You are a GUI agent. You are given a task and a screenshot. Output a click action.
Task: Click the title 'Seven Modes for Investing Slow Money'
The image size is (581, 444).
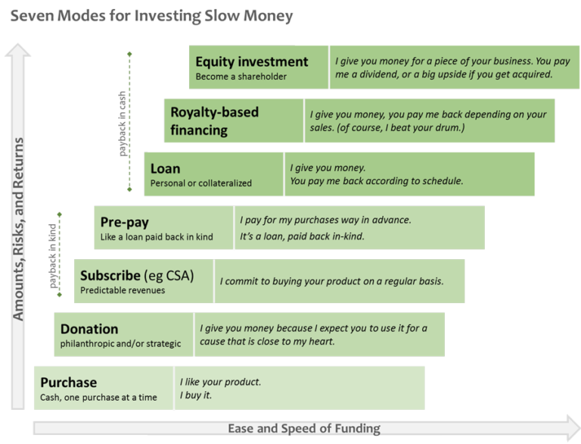coord(151,15)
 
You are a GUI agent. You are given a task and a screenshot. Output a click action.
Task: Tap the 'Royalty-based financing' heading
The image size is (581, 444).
coord(214,121)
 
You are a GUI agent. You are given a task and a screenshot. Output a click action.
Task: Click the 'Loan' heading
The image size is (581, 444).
coord(165,169)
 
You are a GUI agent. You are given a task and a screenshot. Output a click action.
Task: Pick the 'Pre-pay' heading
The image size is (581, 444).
coord(124,222)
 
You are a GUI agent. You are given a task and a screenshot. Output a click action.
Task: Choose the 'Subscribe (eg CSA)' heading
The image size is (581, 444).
coord(137,276)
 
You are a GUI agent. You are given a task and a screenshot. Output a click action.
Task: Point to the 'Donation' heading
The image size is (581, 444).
coord(89,329)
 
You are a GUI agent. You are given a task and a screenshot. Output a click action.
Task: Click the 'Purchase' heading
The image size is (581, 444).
coord(69,383)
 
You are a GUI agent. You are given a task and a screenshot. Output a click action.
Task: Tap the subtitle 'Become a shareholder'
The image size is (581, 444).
coord(241,77)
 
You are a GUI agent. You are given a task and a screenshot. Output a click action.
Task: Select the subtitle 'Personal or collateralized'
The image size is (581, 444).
coord(200,183)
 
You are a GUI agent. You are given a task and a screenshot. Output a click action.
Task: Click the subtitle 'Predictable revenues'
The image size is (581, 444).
coord(123,290)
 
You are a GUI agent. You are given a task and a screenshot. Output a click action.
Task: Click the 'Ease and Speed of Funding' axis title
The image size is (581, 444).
coord(304,429)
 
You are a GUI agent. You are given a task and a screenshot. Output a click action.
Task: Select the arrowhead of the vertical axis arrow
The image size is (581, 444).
coord(19,52)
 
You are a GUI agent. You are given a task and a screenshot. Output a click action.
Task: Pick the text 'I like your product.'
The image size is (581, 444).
coord(220,382)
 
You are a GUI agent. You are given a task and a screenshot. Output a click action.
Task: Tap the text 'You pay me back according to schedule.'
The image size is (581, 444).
coord(376,181)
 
